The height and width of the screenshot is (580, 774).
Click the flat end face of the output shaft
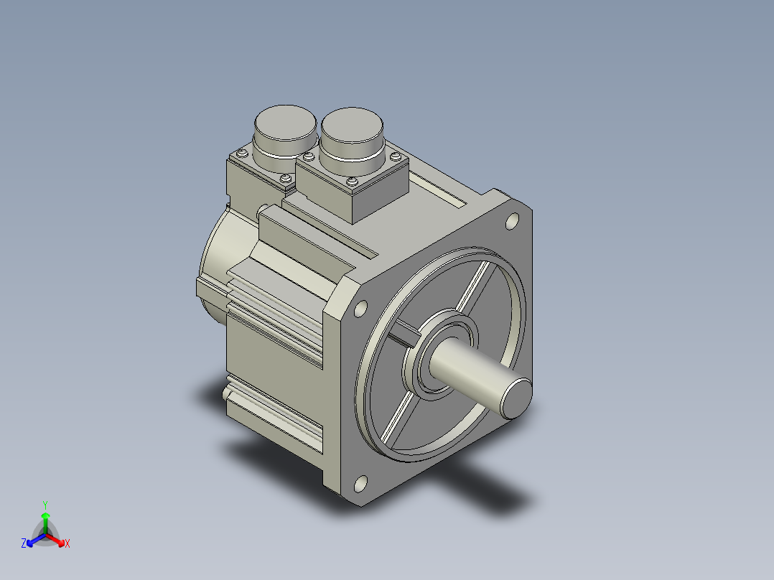pos(517,398)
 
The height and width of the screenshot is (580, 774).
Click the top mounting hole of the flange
pos(513,222)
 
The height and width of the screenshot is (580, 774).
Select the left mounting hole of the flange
pos(361,309)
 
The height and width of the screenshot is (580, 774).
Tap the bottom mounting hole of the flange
pos(361,485)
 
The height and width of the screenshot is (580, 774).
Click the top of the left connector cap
pos(285,122)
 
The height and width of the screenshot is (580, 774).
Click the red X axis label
pos(67,543)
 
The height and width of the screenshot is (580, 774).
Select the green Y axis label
pos(45,505)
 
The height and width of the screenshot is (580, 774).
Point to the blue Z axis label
pos(24,543)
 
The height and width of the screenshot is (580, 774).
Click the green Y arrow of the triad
pos(45,523)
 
